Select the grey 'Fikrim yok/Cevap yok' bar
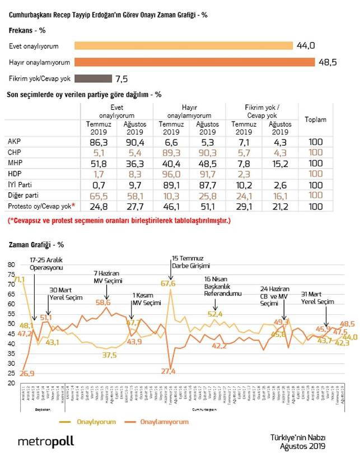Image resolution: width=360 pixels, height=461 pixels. [92, 78]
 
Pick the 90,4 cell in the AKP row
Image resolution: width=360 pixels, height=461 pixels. [133, 142]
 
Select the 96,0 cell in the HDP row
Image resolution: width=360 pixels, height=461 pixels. [171, 174]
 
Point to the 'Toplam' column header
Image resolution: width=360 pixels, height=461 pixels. [315, 119]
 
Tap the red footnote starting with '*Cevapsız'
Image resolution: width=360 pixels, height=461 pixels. [119, 221]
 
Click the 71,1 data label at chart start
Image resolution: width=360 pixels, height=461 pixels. [18, 280]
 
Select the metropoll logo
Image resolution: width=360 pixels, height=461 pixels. [45, 441]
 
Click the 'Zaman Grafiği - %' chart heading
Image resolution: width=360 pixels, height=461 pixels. [36, 245]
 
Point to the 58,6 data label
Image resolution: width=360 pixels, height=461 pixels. [103, 302]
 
